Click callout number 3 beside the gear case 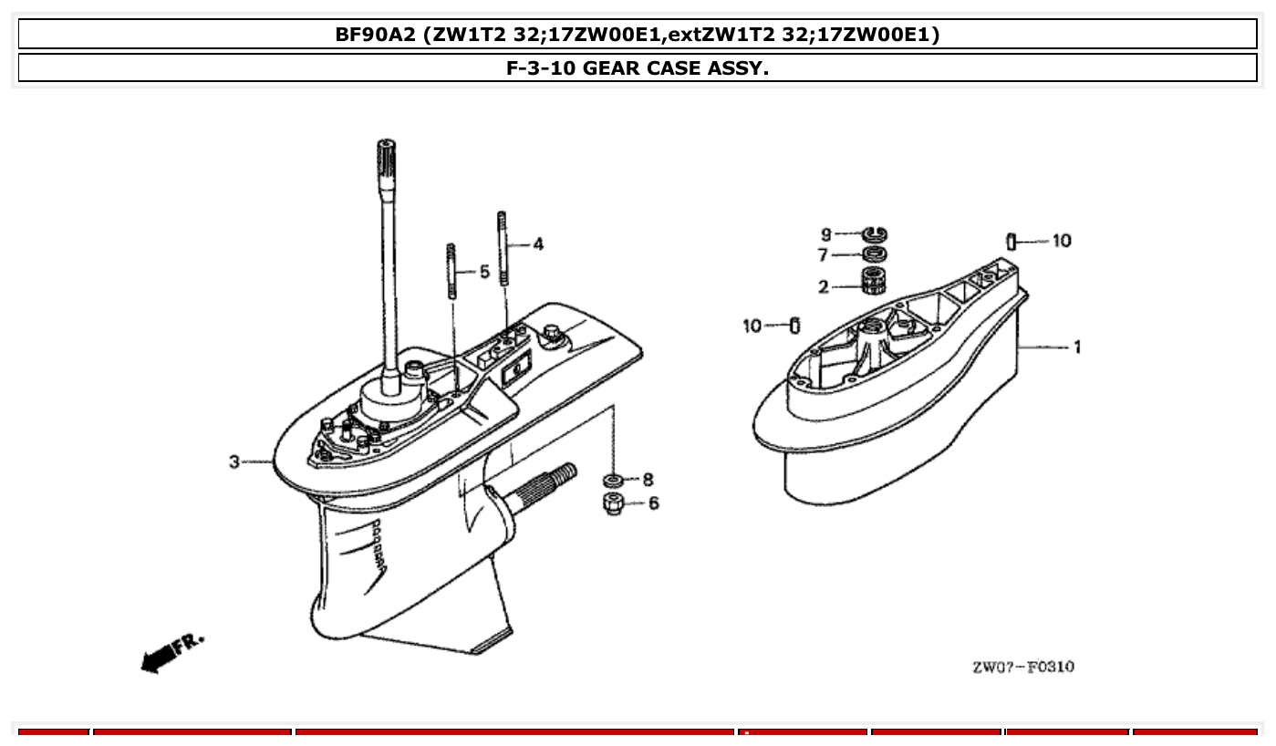(x=234, y=462)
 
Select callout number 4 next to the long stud (x=538, y=243)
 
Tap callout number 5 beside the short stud (x=484, y=272)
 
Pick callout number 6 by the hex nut (x=653, y=503)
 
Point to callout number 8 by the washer (x=648, y=480)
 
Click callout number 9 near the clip (x=826, y=234)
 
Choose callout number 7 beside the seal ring (x=823, y=255)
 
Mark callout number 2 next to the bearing (x=823, y=287)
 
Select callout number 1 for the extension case (x=1077, y=347)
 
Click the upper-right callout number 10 (x=1062, y=241)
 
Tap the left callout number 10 (x=752, y=326)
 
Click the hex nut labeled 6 (x=614, y=503)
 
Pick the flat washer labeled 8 (x=614, y=480)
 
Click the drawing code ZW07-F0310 (x=1022, y=667)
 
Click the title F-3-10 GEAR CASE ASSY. (x=638, y=68)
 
